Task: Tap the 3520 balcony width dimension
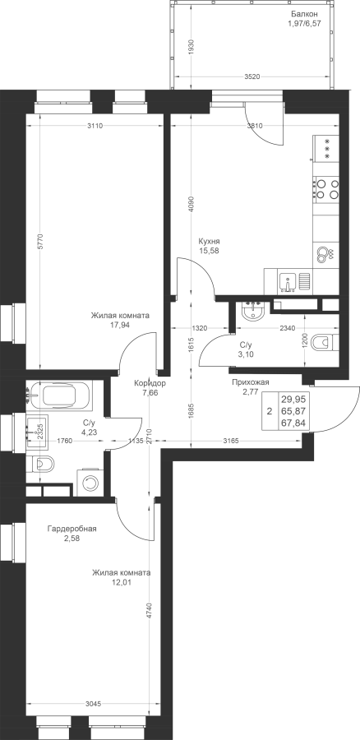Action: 253,77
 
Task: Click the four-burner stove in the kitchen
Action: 326,188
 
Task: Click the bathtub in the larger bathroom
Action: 66,395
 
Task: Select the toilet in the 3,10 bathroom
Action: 326,342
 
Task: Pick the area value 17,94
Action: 120,324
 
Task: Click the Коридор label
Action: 150,383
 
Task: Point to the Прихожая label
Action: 250,382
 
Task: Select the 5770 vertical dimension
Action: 41,248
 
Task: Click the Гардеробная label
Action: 72,529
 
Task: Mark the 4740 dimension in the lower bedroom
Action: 149,611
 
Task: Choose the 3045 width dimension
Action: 94,704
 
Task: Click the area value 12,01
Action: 122,582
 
